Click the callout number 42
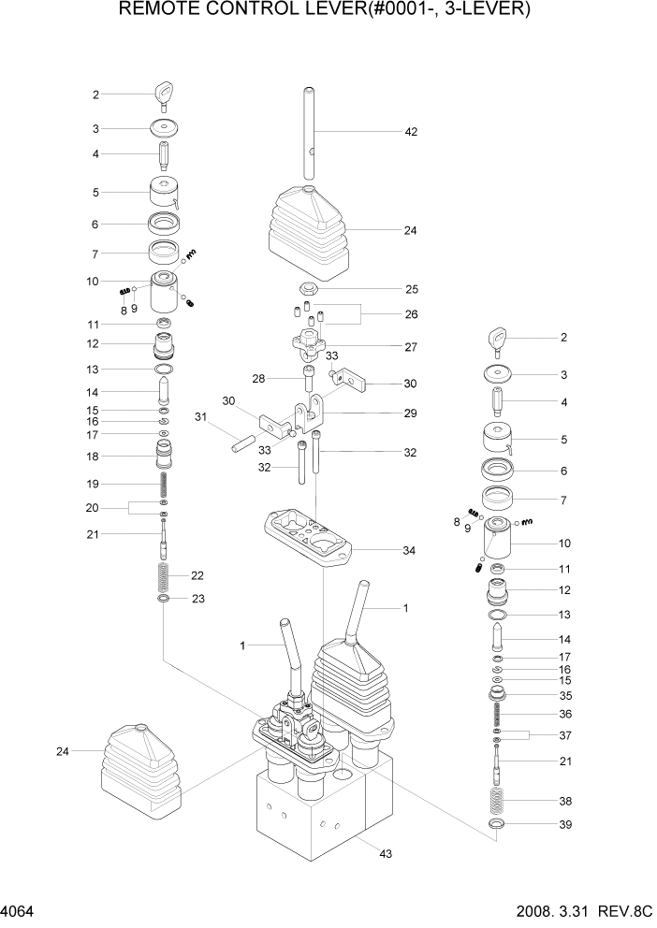pyautogui.click(x=410, y=132)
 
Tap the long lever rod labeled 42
pyautogui.click(x=309, y=131)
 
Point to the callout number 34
pyautogui.click(x=409, y=550)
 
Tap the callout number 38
pyautogui.click(x=564, y=802)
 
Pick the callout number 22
pyautogui.click(x=197, y=575)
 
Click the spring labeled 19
pyautogui.click(x=164, y=485)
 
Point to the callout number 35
pyautogui.click(x=564, y=696)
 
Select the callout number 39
pyautogui.click(x=564, y=825)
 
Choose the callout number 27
pyautogui.click(x=409, y=346)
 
